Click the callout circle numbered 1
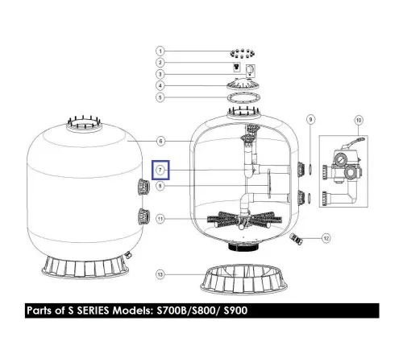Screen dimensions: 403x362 [160, 51]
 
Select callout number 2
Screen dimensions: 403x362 [160, 63]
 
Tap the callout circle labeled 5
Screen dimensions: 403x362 [160, 97]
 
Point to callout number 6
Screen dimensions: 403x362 [160, 141]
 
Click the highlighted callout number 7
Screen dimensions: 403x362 [160, 170]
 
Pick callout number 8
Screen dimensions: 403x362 [160, 186]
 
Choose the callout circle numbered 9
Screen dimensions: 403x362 [310, 119]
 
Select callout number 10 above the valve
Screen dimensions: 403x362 [359, 120]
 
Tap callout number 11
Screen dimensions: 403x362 [160, 219]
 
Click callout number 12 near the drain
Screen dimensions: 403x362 [326, 238]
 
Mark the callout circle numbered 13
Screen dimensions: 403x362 [160, 274]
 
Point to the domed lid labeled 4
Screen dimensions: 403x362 [243, 84]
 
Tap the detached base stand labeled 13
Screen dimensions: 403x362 [243, 280]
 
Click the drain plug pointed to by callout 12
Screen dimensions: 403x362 [296, 239]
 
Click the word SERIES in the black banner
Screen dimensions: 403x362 [93, 311]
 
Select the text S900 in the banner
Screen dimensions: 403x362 [235, 311]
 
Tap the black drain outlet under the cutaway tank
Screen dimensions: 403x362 [243, 247]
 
